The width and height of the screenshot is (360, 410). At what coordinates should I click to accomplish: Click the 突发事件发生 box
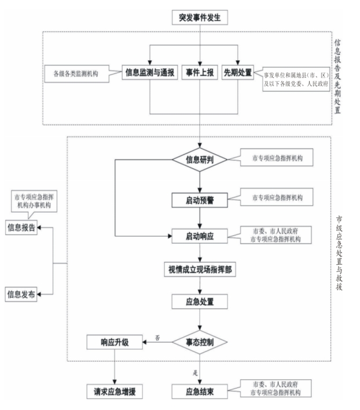click(x=200, y=17)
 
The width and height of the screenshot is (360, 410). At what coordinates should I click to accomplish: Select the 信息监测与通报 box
click(x=149, y=73)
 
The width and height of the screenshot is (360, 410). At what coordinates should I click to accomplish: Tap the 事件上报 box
click(x=200, y=73)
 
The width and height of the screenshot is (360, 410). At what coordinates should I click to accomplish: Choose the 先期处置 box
click(x=238, y=73)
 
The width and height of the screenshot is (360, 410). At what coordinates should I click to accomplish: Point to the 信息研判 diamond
click(x=200, y=160)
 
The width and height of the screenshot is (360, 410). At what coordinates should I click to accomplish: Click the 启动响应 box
click(x=200, y=235)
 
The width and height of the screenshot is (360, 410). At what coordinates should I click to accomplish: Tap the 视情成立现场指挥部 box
click(x=200, y=268)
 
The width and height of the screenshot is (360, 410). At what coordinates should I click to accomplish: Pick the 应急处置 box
click(x=200, y=301)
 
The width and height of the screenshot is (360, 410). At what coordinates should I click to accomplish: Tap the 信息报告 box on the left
click(x=21, y=227)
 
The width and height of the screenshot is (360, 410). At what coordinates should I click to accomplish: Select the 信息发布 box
click(x=21, y=294)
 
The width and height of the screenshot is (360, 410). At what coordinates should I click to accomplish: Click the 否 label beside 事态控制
click(x=157, y=337)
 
